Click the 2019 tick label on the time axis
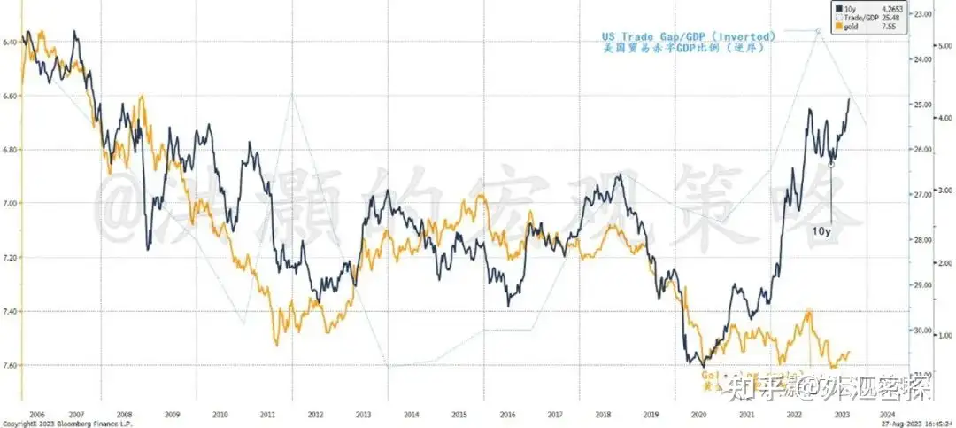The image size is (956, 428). (650, 415)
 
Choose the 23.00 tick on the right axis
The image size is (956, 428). (924, 14)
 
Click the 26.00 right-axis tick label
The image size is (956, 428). (924, 150)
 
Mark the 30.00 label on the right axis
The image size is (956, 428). (924, 331)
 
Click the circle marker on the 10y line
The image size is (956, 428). (830, 164)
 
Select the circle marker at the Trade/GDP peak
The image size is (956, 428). (818, 30)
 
